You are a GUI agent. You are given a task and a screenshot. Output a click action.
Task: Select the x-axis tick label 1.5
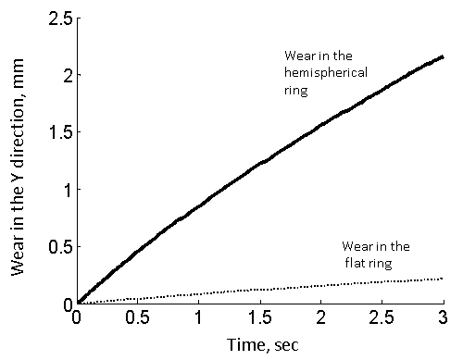click(x=260, y=318)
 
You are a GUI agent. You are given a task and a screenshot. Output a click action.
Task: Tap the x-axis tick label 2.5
click(x=382, y=318)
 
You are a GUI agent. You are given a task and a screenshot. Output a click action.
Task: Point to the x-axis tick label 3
click(x=444, y=318)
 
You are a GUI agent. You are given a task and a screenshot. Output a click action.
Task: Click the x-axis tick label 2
click(x=321, y=318)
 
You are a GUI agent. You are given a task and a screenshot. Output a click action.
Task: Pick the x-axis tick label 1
click(x=199, y=318)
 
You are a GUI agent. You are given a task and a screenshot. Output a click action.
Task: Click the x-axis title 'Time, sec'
click(x=259, y=343)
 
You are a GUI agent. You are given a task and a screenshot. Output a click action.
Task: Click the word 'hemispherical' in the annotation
click(x=319, y=74)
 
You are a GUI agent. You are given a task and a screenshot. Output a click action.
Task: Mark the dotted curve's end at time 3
click(x=443, y=279)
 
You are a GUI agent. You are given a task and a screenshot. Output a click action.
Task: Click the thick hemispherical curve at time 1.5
click(x=260, y=163)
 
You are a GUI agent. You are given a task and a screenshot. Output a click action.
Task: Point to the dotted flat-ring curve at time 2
click(x=321, y=286)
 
